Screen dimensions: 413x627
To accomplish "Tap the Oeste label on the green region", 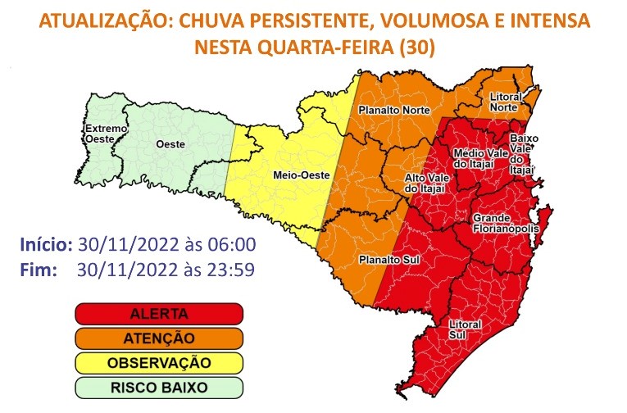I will pyautogui.click(x=170, y=144).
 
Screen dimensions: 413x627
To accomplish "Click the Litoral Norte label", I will pyautogui.click(x=505, y=102).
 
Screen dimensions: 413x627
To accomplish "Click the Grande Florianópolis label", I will pyautogui.click(x=504, y=223).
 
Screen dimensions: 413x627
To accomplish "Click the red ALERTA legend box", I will pyautogui.click(x=159, y=314).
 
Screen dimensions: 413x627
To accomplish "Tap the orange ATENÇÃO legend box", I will pyautogui.click(x=159, y=338).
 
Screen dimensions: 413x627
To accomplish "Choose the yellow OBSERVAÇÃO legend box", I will pyautogui.click(x=159, y=361).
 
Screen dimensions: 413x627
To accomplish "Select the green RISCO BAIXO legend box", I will pyautogui.click(x=159, y=385).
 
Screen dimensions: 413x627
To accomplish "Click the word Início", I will pyautogui.click(x=46, y=244).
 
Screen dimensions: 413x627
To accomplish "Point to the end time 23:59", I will pyautogui.click(x=234, y=267).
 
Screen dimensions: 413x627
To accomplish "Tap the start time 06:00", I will pyautogui.click(x=234, y=244).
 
